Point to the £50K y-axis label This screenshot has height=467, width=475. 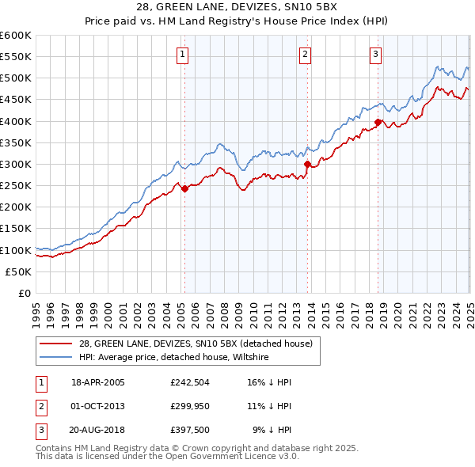[18, 271]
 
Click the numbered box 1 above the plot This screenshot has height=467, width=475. [183, 55]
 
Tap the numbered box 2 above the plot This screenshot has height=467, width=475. [305, 55]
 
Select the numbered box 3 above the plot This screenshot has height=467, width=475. [375, 55]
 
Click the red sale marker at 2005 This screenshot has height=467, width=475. [184, 188]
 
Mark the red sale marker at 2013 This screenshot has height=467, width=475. [306, 165]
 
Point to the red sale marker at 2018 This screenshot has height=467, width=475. [378, 122]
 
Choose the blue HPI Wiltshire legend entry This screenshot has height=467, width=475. [174, 357]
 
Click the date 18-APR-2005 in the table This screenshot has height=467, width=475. [98, 382]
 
